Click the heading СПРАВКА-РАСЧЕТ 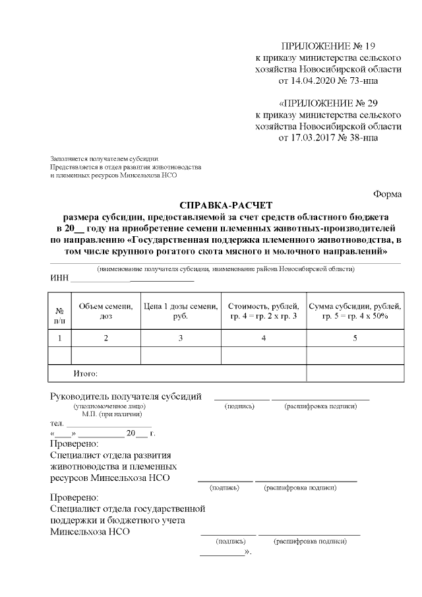pyautogui.click(x=226, y=204)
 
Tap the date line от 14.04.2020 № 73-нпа pyautogui.click(x=328, y=81)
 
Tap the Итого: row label pyautogui.click(x=86, y=373)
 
